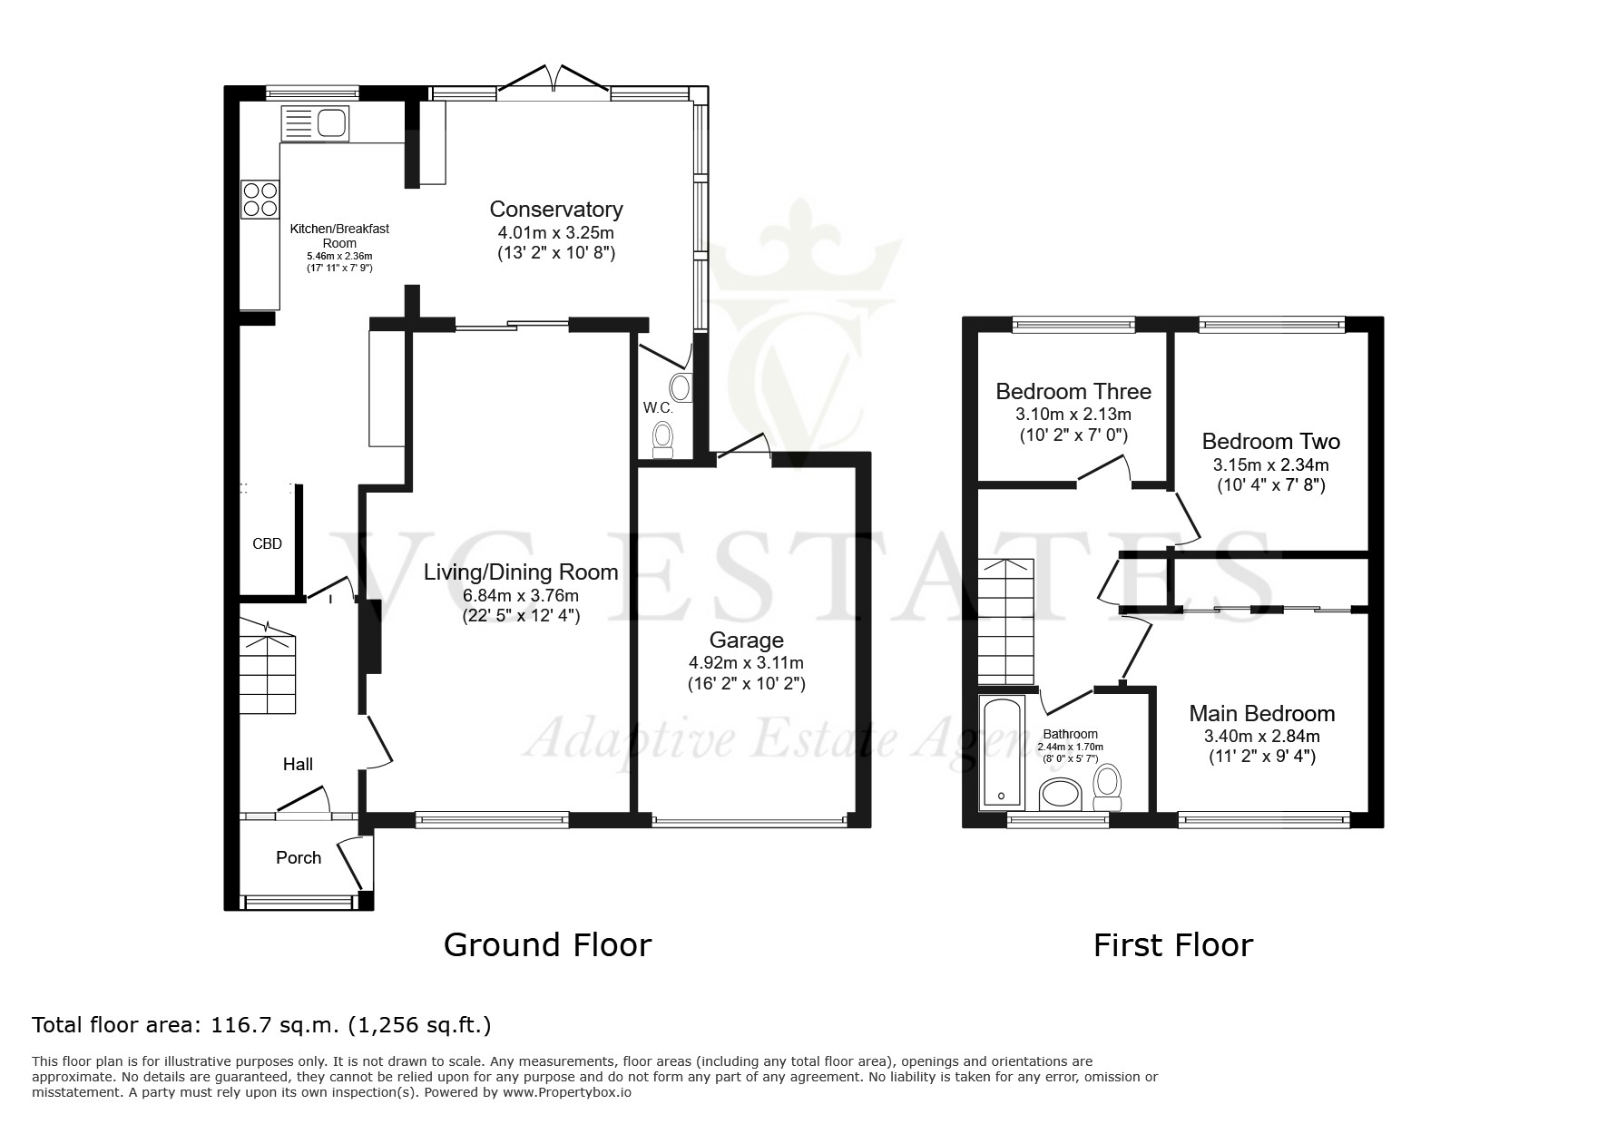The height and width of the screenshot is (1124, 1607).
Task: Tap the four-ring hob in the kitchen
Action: [260, 200]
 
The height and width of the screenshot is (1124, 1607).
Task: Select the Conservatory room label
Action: [556, 210]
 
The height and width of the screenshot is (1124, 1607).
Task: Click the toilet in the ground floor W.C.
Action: [663, 438]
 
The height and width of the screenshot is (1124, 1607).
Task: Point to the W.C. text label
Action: [658, 408]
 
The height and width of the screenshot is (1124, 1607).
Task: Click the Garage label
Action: [747, 640]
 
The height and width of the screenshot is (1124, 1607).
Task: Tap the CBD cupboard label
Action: [267, 544]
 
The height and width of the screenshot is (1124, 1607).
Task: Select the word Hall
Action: [298, 765]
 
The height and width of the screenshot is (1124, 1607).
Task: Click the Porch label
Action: [299, 857]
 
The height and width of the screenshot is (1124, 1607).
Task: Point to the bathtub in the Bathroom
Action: [1003, 752]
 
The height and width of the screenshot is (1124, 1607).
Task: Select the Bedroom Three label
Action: [1073, 392]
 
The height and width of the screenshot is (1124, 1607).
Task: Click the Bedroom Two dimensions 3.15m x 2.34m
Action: [1271, 465]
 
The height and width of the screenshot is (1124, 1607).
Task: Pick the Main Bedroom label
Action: [1262, 714]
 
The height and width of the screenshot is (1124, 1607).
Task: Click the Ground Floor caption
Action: [547, 945]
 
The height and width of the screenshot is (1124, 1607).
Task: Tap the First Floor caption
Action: [1173, 945]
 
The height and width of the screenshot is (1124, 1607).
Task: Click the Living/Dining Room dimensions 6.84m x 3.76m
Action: [521, 596]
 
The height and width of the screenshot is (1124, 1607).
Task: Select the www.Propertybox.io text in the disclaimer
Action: [566, 1092]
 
